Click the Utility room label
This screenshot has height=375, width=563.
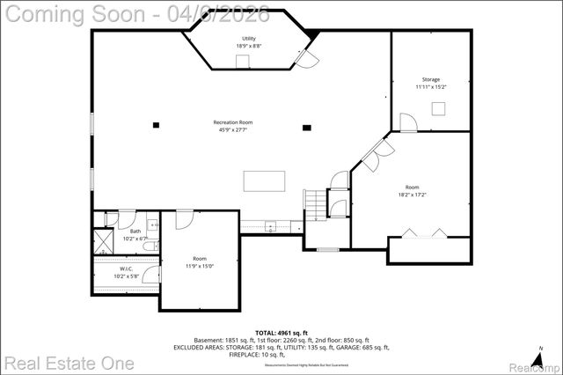point(249,39)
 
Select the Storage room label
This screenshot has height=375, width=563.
point(431,79)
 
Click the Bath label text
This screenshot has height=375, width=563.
point(135,232)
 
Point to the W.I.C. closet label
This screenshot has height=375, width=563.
point(126,269)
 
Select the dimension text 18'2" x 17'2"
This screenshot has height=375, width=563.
point(412,194)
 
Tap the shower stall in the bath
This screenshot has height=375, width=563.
point(103,240)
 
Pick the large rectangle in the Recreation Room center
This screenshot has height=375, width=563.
point(265,180)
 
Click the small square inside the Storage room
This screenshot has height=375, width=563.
point(437,107)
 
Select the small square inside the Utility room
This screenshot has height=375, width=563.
point(242,60)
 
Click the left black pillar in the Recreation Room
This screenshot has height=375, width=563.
point(156,125)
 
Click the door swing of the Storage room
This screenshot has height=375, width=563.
point(407,121)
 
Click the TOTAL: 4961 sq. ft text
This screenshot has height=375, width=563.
point(281,333)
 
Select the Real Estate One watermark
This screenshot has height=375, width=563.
point(69,362)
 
